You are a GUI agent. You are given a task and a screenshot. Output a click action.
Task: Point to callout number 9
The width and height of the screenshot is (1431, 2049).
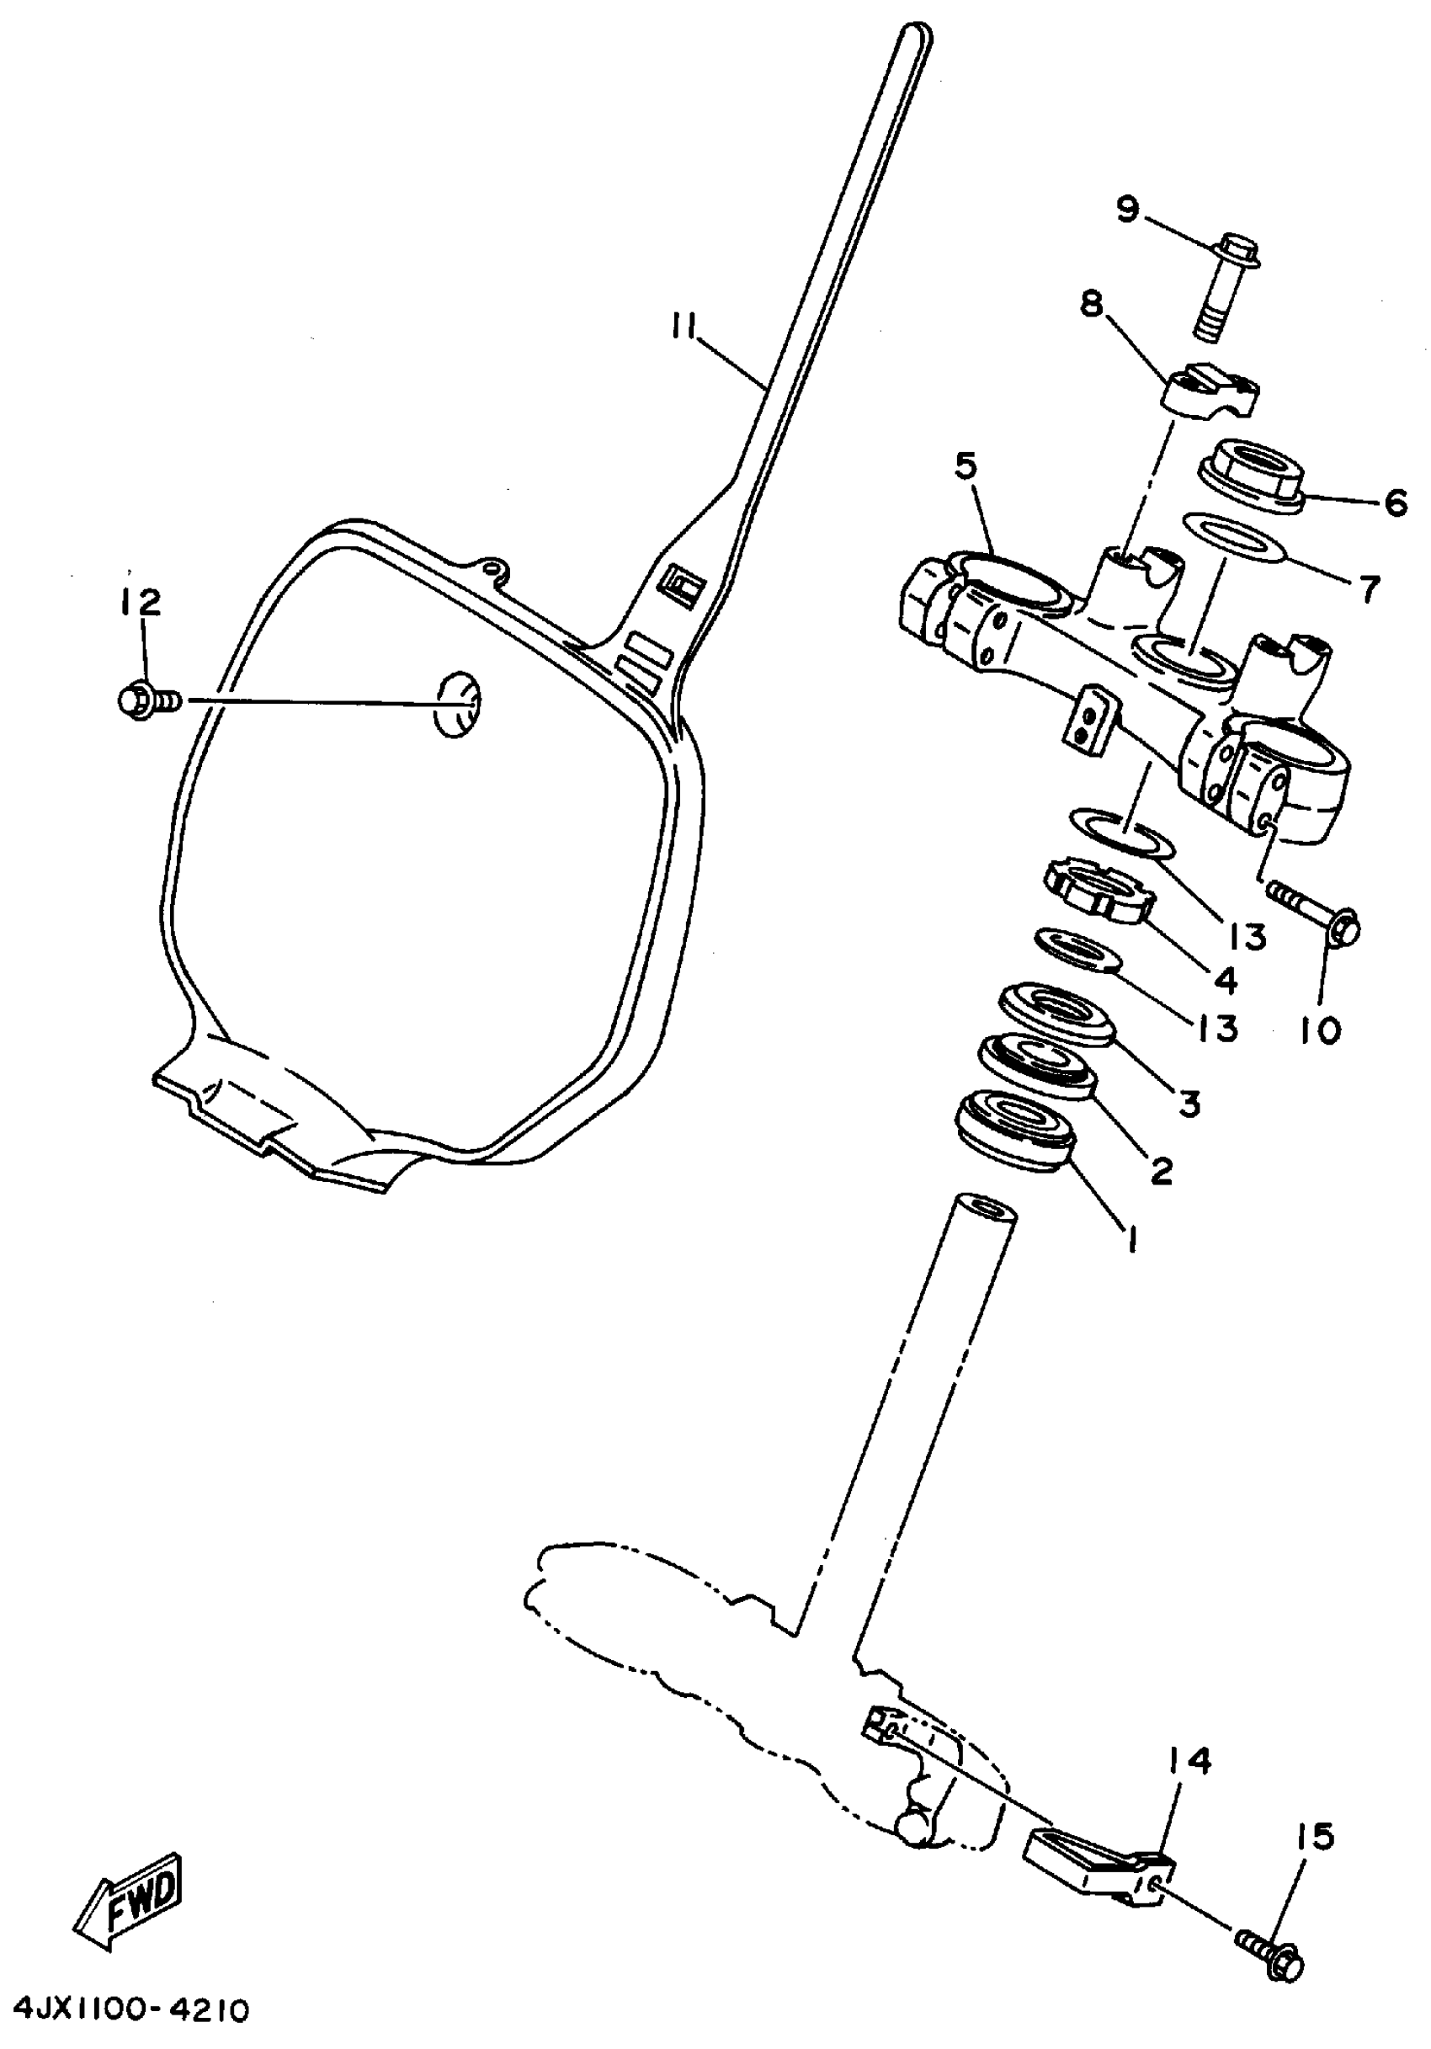(1129, 209)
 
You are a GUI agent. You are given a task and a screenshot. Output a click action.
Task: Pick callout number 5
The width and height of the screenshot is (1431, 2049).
(966, 466)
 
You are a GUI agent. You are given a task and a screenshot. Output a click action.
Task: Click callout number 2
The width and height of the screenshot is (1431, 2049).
(1161, 1168)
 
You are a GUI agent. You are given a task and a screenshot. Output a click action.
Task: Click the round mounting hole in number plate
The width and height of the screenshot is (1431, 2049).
(459, 703)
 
